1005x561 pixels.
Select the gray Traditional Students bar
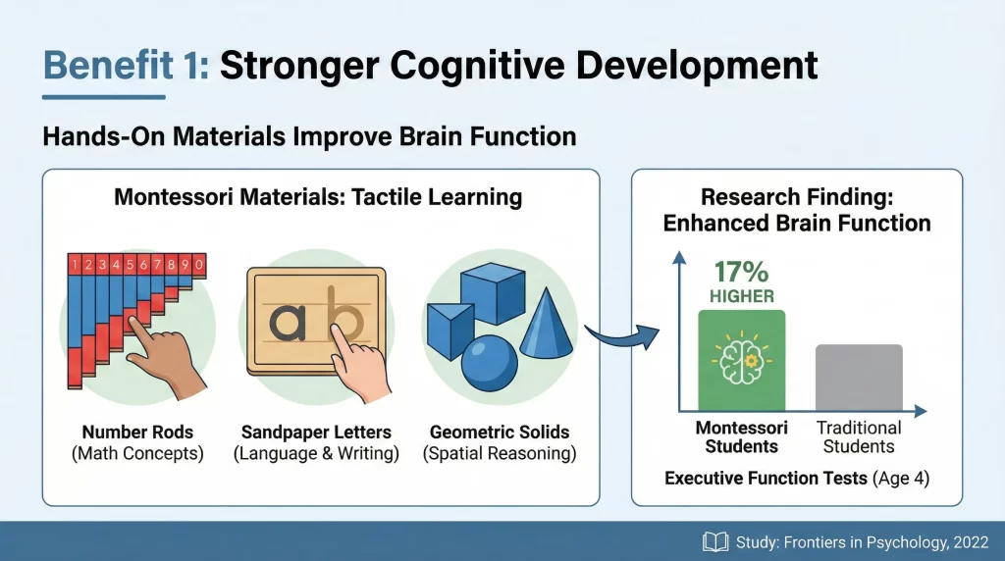tap(859, 377)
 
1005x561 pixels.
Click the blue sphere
tap(488, 364)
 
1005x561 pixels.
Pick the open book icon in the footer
tap(714, 541)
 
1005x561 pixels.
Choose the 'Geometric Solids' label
tap(500, 432)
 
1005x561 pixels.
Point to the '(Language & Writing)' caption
tap(316, 454)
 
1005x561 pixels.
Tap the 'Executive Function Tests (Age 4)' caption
tap(797, 479)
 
